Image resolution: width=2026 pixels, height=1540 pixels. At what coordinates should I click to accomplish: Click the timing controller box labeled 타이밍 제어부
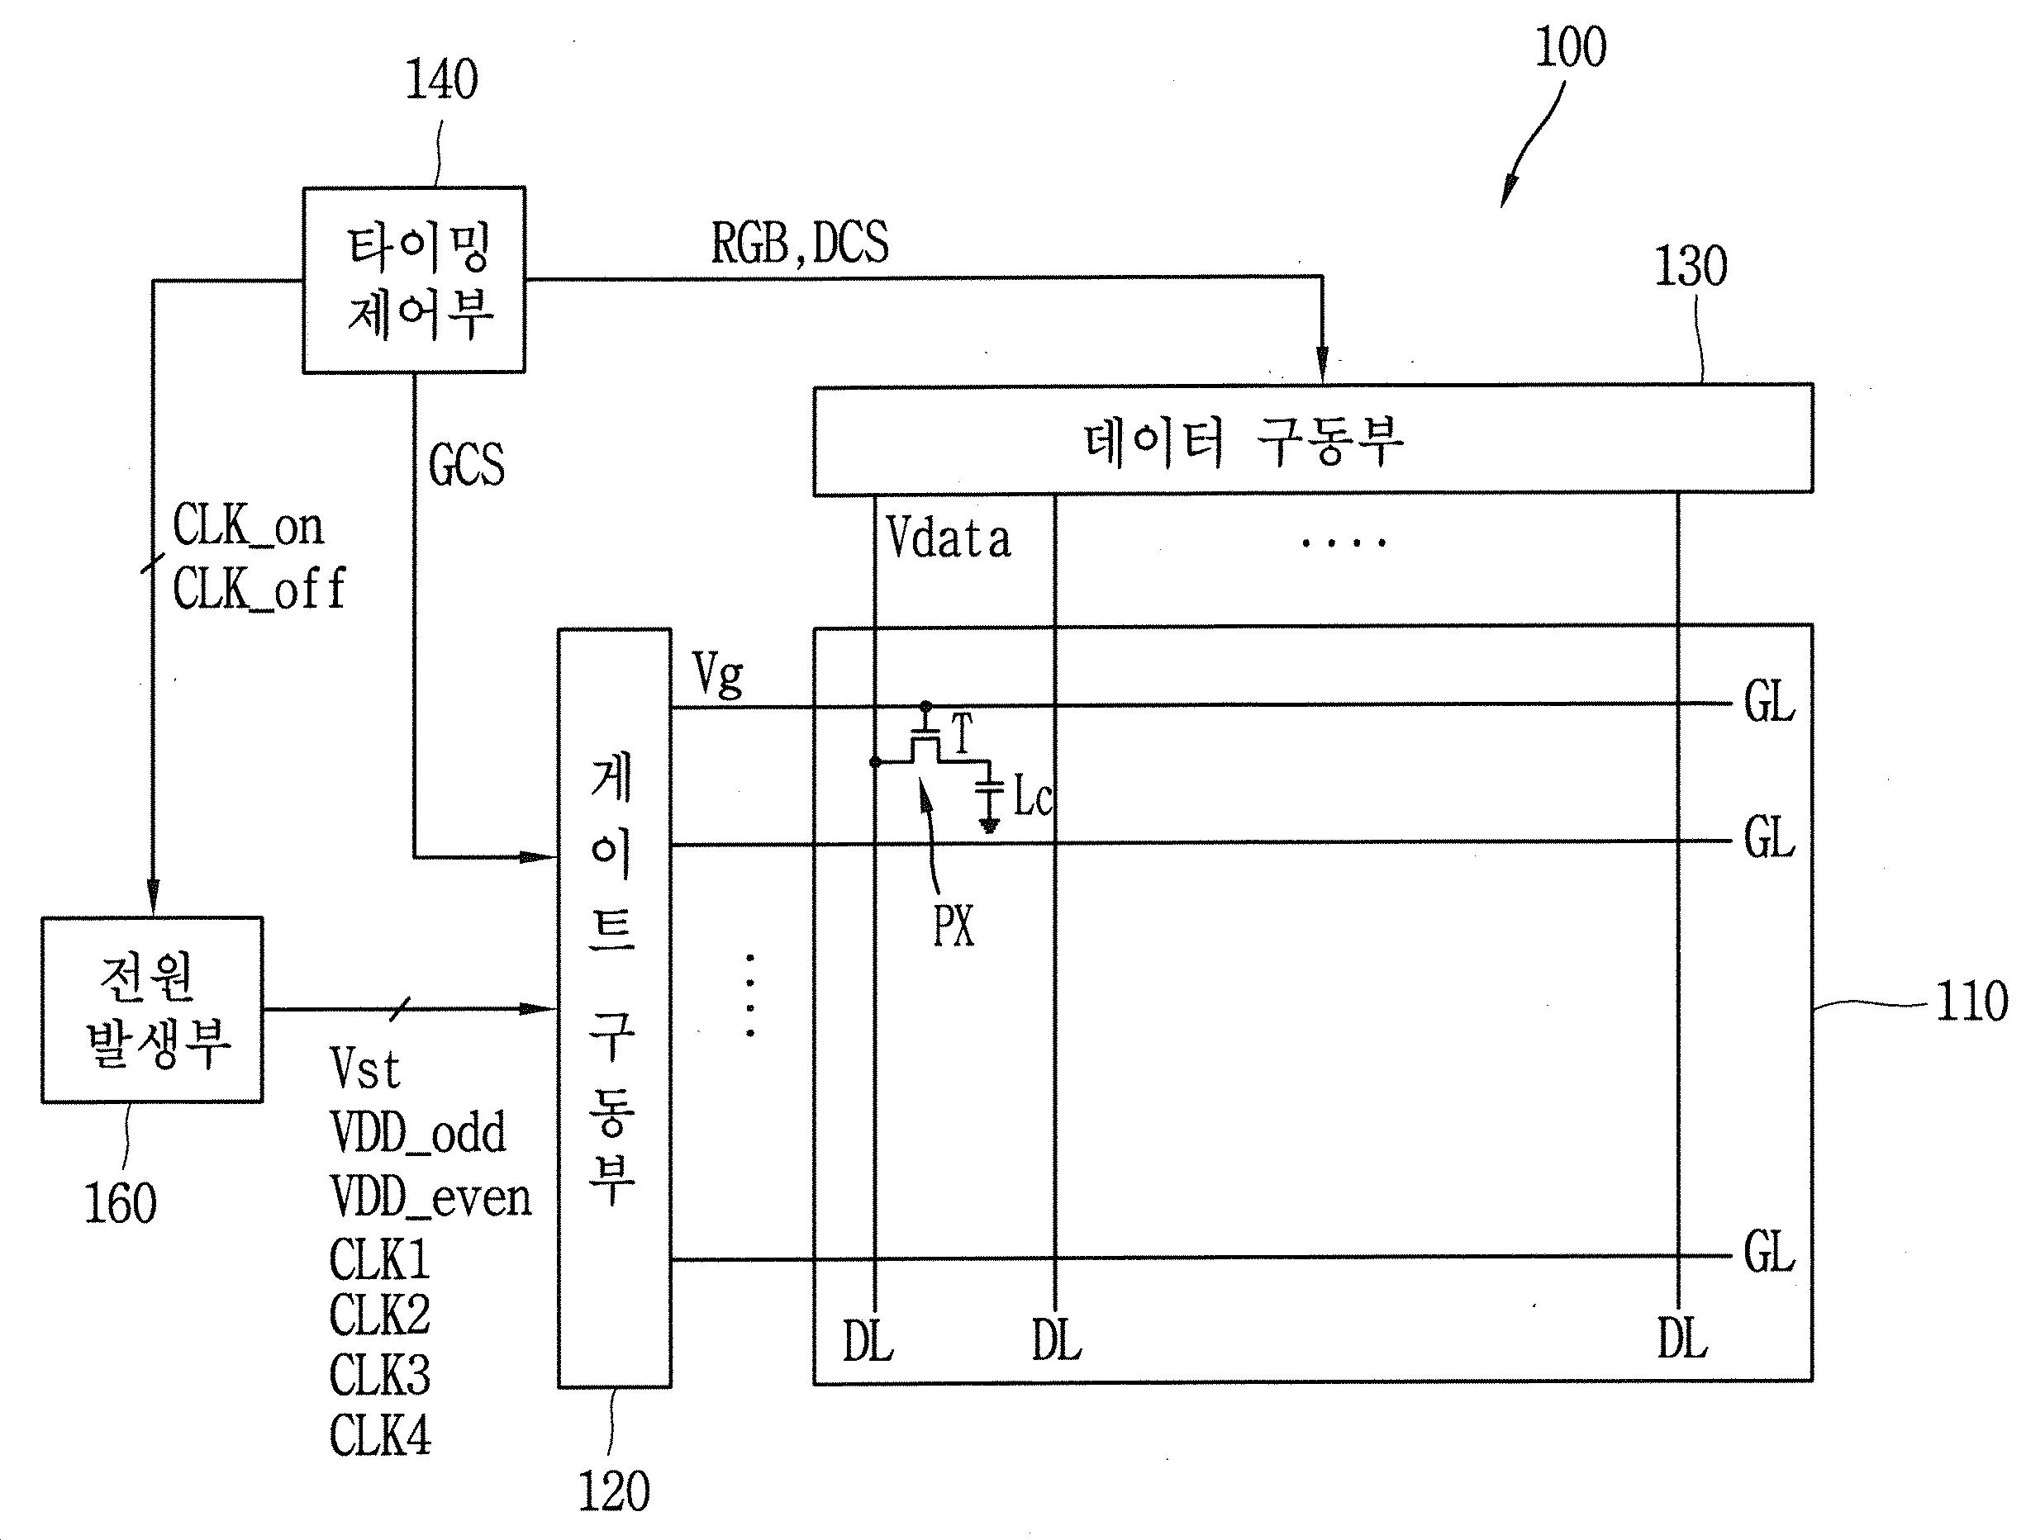(x=414, y=280)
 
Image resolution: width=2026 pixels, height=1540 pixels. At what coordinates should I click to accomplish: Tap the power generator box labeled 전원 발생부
(x=152, y=1009)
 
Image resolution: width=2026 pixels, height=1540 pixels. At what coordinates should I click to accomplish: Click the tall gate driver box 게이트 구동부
(x=615, y=1007)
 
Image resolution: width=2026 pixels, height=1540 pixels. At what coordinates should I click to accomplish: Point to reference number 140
(x=441, y=80)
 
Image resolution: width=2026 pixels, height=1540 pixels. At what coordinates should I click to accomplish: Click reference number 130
(x=1691, y=267)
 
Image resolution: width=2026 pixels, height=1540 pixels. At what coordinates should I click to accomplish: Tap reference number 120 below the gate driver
(x=614, y=1491)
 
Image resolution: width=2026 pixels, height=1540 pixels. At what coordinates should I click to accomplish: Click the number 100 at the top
(x=1570, y=47)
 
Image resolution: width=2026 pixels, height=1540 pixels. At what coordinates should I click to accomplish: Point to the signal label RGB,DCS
(x=800, y=244)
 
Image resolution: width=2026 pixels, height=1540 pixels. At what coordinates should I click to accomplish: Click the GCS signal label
(x=466, y=465)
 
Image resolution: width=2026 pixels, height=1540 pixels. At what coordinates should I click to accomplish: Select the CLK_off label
(x=259, y=589)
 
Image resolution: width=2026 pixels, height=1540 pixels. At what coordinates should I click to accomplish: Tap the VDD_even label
(x=430, y=1197)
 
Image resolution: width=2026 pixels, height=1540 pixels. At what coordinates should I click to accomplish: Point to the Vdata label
(x=949, y=538)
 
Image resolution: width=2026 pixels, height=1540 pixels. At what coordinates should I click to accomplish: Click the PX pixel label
(x=953, y=926)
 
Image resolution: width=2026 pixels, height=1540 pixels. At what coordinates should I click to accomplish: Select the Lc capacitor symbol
(x=989, y=796)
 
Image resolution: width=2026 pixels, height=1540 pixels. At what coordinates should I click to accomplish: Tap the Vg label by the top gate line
(x=718, y=675)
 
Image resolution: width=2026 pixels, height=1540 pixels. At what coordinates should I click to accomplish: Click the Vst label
(x=365, y=1069)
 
